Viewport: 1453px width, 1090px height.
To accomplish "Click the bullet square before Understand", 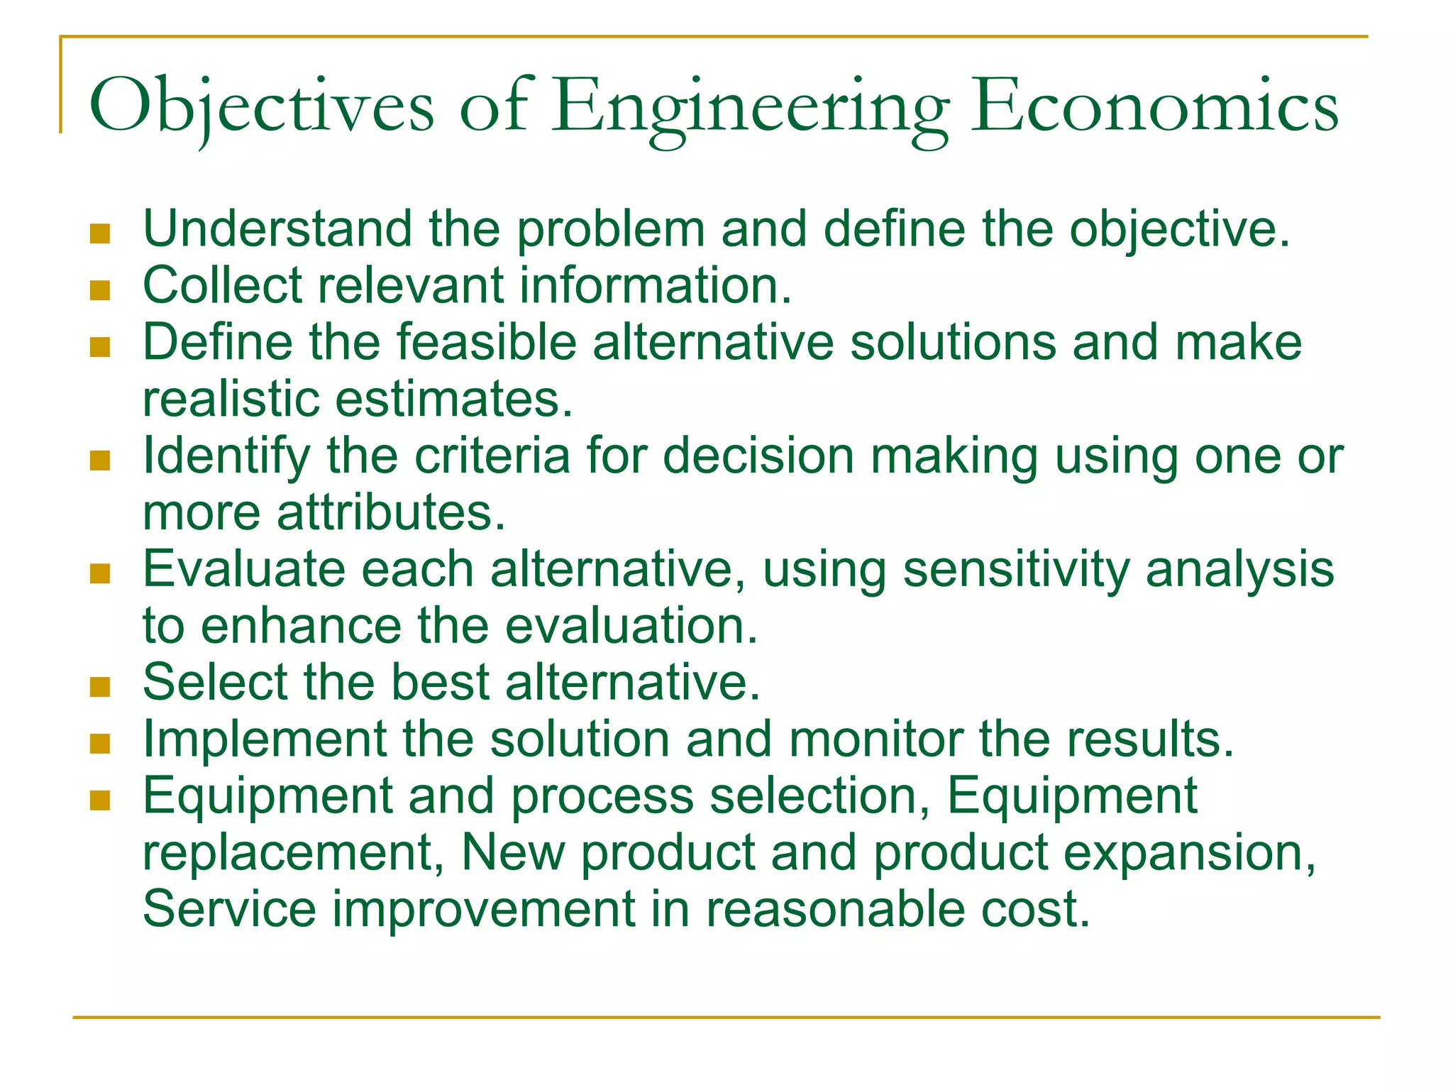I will tap(100, 233).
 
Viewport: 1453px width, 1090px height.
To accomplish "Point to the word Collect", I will tap(223, 285).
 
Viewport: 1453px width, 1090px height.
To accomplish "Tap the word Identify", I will tap(226, 456).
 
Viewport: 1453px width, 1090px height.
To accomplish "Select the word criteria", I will tap(492, 456).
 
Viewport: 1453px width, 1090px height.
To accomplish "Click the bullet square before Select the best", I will tap(100, 687).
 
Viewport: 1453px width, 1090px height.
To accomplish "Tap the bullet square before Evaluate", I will tap(100, 573).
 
